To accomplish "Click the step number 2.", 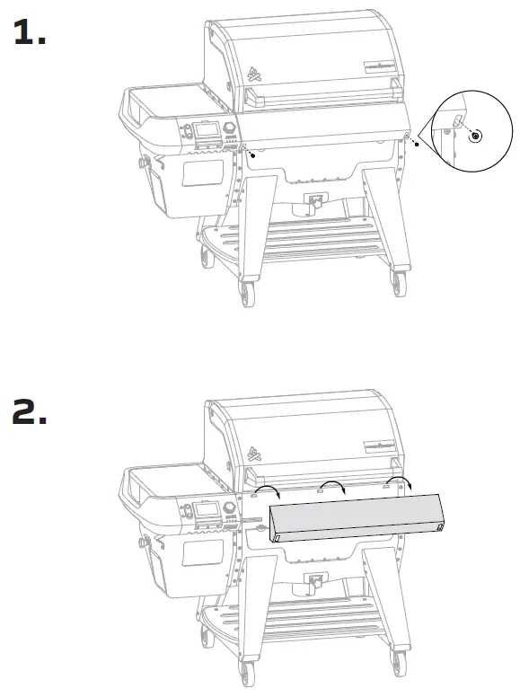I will (x=30, y=414).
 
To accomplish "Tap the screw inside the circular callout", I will (x=476, y=134).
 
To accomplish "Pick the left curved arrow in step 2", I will (x=269, y=491).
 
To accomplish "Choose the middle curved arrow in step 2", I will (x=334, y=486).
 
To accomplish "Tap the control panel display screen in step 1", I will (x=206, y=131).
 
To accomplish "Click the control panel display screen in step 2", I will (x=206, y=512).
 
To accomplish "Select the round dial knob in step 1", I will (x=230, y=129).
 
